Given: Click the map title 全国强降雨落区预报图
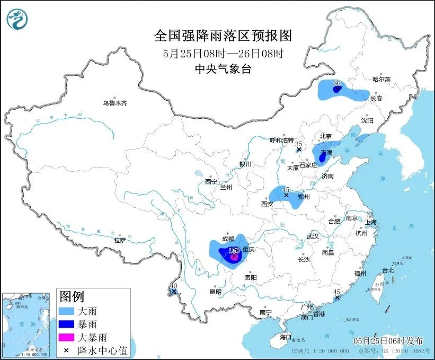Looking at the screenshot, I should (x=223, y=36).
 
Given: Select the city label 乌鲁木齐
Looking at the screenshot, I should (x=115, y=103).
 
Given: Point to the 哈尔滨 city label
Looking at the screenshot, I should (x=380, y=79).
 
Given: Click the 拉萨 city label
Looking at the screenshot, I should (x=120, y=240).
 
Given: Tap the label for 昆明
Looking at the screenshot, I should (x=215, y=291).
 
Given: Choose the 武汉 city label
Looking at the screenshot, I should (x=313, y=236).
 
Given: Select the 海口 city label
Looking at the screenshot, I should (x=286, y=337).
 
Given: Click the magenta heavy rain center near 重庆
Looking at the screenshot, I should (x=234, y=257).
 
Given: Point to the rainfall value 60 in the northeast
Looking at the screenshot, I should (x=337, y=83).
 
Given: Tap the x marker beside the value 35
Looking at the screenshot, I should (x=299, y=150).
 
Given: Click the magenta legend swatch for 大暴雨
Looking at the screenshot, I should (x=66, y=337).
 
